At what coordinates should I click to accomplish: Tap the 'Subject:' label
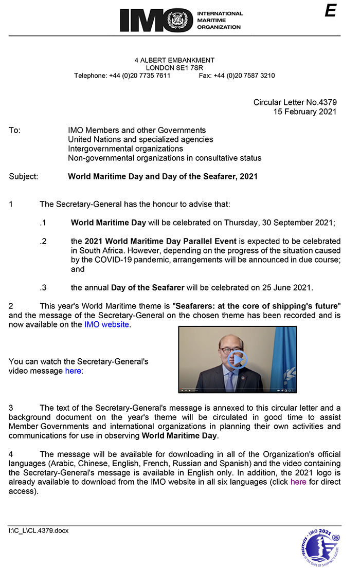point(23,176)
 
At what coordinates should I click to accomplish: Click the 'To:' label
point(15,131)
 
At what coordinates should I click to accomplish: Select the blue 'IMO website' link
point(106,324)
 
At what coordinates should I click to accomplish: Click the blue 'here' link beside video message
point(73,371)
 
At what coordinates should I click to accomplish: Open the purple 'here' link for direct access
point(298,482)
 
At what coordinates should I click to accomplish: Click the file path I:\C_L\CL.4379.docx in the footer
point(39,530)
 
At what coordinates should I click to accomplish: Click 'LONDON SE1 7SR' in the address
point(174,68)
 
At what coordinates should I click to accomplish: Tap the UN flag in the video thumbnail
point(283,355)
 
